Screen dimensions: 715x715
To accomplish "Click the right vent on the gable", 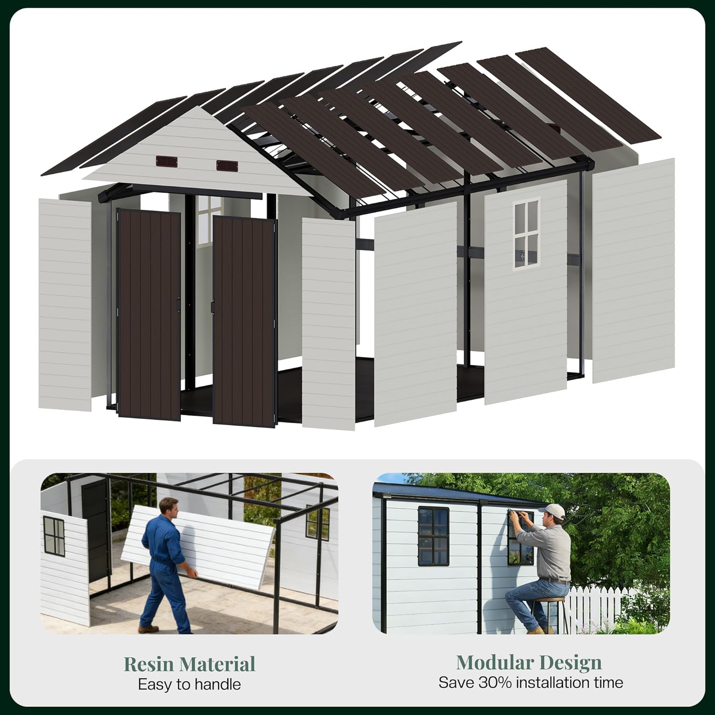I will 227,166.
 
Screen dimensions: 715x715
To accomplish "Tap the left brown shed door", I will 149,315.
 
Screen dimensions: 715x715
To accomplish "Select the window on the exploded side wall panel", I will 526,235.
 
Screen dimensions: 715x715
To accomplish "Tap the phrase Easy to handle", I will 189,684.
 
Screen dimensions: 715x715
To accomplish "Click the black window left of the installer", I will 433,536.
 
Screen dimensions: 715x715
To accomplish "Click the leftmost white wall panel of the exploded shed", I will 65,305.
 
